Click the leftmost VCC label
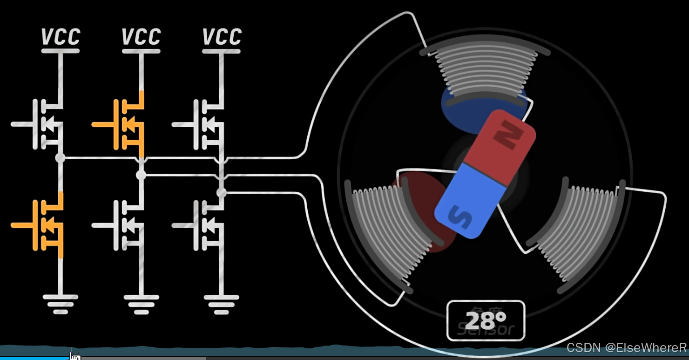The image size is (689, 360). click(x=61, y=37)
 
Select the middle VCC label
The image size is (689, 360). click(x=142, y=37)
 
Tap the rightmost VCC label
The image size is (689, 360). click(x=222, y=37)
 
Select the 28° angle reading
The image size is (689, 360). click(x=486, y=320)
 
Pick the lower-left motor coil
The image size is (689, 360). click(x=389, y=233)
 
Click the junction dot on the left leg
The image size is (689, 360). click(x=60, y=158)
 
